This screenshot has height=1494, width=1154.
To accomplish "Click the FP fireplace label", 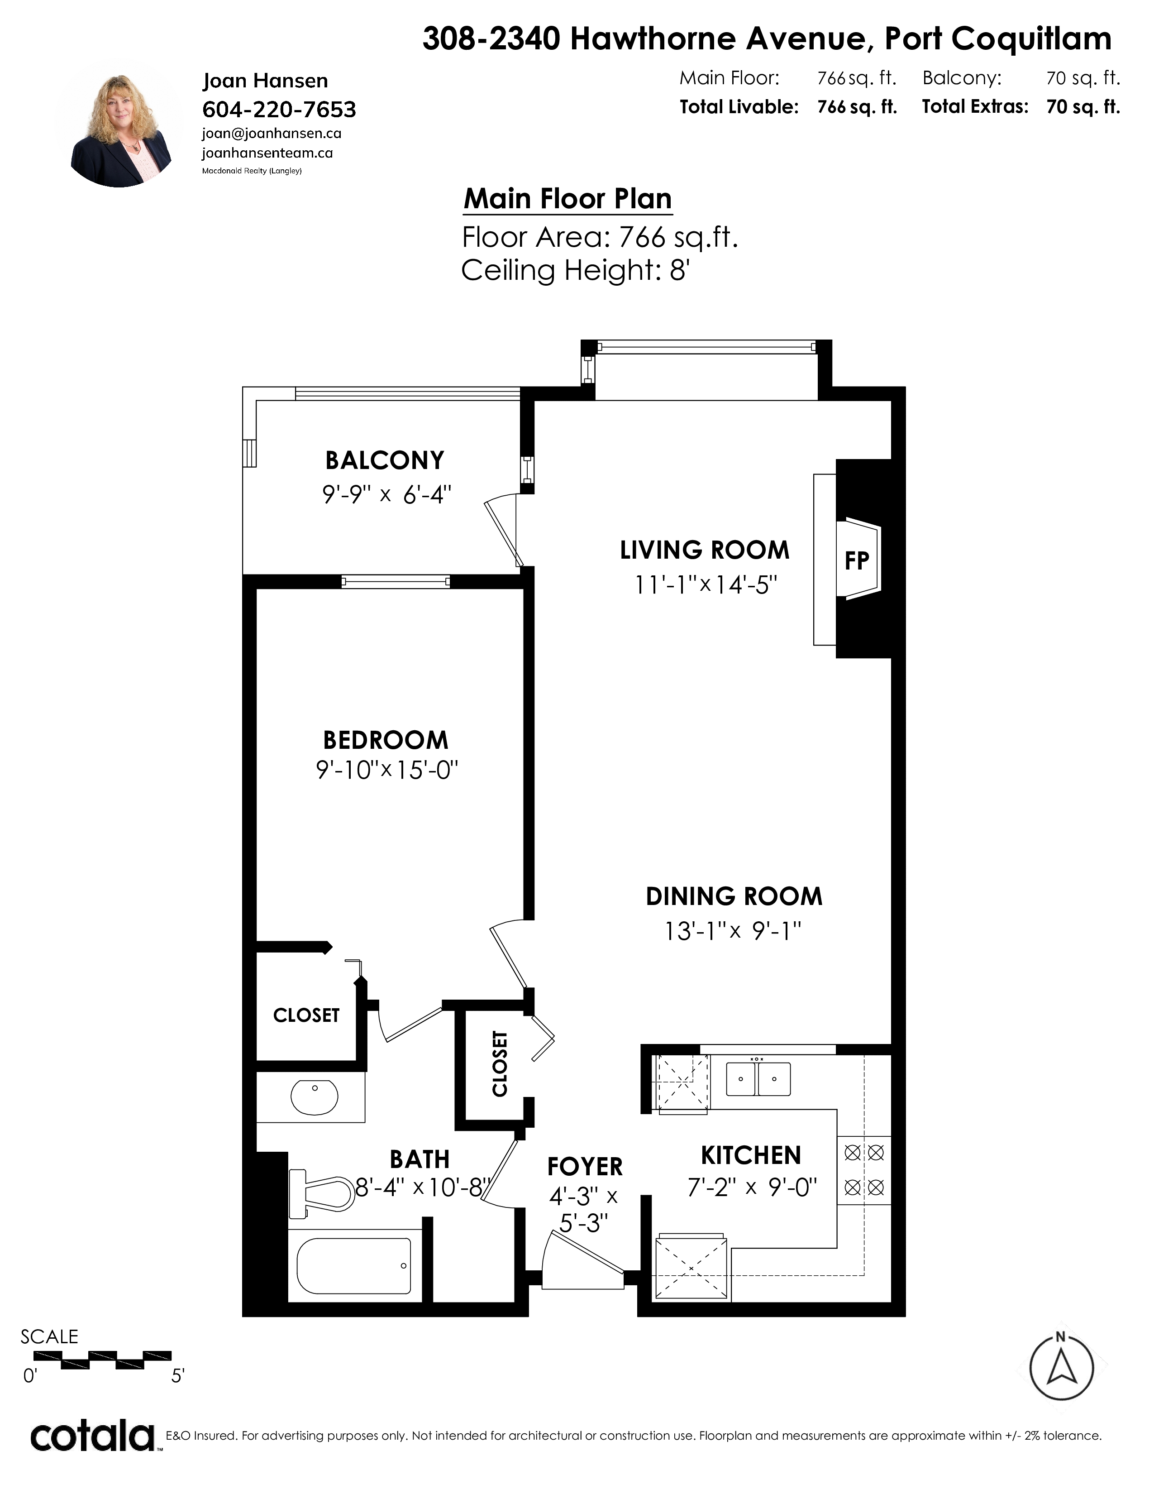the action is pos(857,560).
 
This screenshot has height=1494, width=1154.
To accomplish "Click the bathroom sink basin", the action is pos(315,1097).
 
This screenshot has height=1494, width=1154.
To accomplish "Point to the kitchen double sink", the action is pos(758,1079).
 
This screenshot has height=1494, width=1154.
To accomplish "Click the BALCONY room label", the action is pos(385,460).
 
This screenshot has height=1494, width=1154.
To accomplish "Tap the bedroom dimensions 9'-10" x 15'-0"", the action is pos(386,770).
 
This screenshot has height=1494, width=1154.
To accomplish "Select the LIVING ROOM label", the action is pos(705,550).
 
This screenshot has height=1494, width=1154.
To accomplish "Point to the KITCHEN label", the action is pos(751,1155).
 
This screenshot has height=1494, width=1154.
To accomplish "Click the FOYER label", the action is pos(585,1166).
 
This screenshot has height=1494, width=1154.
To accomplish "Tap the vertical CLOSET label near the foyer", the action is pos(500,1064).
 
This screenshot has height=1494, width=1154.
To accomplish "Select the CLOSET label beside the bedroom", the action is pos(306,1015).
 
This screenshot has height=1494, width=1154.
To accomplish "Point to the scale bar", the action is pos(103,1360).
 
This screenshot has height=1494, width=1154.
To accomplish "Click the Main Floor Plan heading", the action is pos(568,199).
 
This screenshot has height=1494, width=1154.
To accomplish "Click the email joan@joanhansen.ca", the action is pos(272,134).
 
